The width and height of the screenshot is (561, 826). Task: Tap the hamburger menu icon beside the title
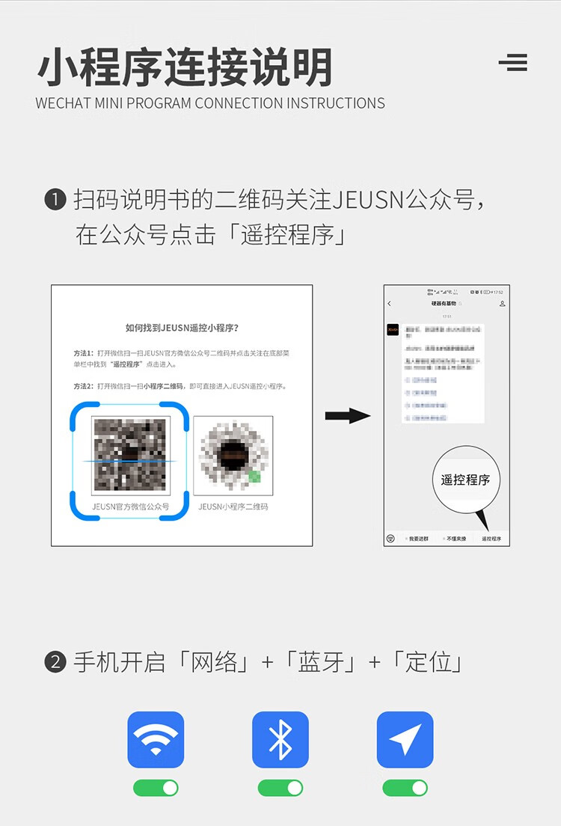513,63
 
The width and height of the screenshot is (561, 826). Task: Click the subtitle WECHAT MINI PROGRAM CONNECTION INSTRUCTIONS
210,103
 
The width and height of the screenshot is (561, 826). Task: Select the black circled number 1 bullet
55,201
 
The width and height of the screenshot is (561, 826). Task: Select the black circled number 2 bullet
55,663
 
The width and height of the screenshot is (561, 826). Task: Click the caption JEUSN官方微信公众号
130,507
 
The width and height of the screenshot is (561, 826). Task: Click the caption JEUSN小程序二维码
233,507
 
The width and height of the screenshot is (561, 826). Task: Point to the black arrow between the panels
348,416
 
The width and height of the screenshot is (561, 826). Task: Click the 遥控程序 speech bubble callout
466,480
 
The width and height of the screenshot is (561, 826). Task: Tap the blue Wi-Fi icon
156,739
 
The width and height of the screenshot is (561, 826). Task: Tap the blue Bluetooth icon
280,739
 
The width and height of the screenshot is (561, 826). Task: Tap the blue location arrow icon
405,739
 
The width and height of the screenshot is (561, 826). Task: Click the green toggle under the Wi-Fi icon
156,788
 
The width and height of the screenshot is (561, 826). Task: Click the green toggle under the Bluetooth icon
280,788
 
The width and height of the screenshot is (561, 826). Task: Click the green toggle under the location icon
405,788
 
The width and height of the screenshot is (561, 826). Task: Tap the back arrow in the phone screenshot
390,304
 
